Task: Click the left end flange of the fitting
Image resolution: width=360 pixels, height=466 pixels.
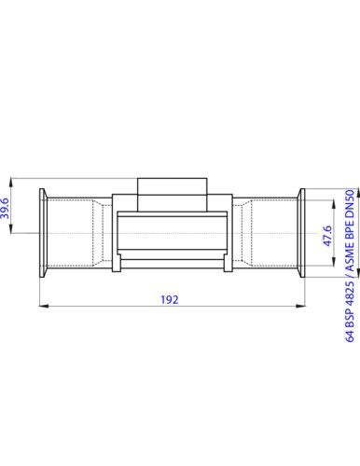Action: point(43,233)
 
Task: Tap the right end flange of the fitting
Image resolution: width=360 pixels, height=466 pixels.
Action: point(302,233)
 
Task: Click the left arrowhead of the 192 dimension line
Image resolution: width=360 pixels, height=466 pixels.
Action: point(42,306)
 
